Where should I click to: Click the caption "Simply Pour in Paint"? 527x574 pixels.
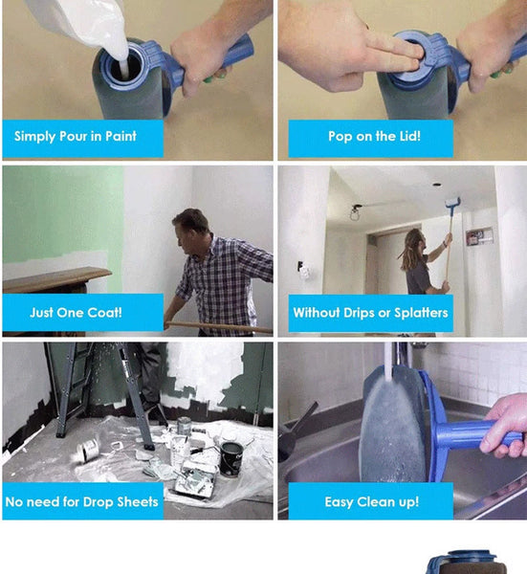click(76, 137)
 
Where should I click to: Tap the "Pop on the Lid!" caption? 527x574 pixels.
click(374, 137)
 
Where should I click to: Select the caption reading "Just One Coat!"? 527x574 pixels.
click(76, 313)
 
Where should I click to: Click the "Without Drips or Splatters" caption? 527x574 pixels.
click(370, 313)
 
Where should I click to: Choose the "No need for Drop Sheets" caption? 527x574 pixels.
click(81, 501)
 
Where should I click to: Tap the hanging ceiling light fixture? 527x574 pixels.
click(356, 210)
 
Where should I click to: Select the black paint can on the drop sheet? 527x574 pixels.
click(231, 457)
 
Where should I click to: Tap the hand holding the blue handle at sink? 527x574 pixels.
click(507, 426)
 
